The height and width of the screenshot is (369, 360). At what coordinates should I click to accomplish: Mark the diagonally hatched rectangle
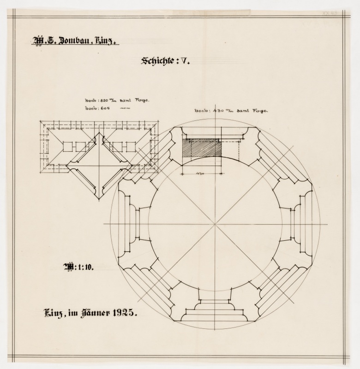pos(202,149)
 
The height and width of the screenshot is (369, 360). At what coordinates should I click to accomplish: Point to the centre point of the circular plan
pos(215,224)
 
